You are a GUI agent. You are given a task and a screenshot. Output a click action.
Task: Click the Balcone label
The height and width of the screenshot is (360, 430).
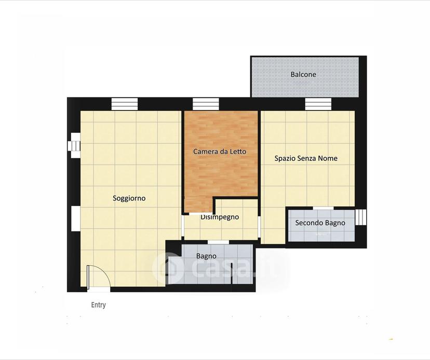pyautogui.click(x=303, y=74)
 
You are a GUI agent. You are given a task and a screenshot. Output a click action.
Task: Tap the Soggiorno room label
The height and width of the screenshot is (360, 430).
pyautogui.click(x=129, y=198)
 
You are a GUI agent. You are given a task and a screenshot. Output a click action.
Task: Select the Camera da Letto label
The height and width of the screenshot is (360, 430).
pyautogui.click(x=220, y=151)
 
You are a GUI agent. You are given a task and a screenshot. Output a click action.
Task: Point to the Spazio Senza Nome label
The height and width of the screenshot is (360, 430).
pyautogui.click(x=306, y=158)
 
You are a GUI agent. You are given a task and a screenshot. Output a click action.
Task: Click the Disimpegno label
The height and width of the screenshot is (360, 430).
pyautogui.click(x=220, y=217)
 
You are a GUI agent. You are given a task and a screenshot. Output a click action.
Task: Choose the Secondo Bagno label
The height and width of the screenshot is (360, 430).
pyautogui.click(x=320, y=223)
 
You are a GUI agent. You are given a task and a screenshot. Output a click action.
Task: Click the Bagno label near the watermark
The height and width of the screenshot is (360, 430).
pyautogui.click(x=206, y=256)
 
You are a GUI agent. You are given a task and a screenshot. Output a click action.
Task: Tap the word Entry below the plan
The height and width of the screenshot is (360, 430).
pyautogui.click(x=99, y=305)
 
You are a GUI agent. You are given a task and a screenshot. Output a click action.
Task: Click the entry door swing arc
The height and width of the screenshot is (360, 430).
pyautogui.click(x=106, y=272)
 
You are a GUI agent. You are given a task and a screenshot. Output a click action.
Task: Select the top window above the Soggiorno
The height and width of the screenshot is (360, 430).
pyautogui.click(x=125, y=104)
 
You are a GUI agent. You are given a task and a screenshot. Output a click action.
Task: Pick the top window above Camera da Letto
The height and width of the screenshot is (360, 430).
pyautogui.click(x=206, y=104)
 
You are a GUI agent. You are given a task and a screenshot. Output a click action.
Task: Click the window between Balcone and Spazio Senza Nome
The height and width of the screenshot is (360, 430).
pyautogui.click(x=318, y=104)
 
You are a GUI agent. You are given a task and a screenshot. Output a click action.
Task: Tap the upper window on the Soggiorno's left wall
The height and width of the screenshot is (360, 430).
pyautogui.click(x=74, y=145)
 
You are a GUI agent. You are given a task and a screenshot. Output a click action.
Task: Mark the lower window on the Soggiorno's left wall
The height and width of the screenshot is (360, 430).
pyautogui.click(x=76, y=218)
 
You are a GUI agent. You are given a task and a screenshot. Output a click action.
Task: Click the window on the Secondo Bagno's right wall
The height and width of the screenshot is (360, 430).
pyautogui.click(x=361, y=217)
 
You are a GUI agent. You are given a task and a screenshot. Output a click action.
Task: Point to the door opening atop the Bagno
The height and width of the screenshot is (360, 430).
pyautogui.click(x=218, y=242)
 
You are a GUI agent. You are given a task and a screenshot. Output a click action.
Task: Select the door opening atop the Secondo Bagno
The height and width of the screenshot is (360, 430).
pyautogui.click(x=324, y=208)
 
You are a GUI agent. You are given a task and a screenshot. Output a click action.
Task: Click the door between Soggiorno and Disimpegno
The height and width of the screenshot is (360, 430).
pyautogui.click(x=183, y=227)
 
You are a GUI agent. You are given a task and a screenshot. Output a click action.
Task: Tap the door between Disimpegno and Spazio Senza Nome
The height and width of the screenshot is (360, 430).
pyautogui.click(x=259, y=227)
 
